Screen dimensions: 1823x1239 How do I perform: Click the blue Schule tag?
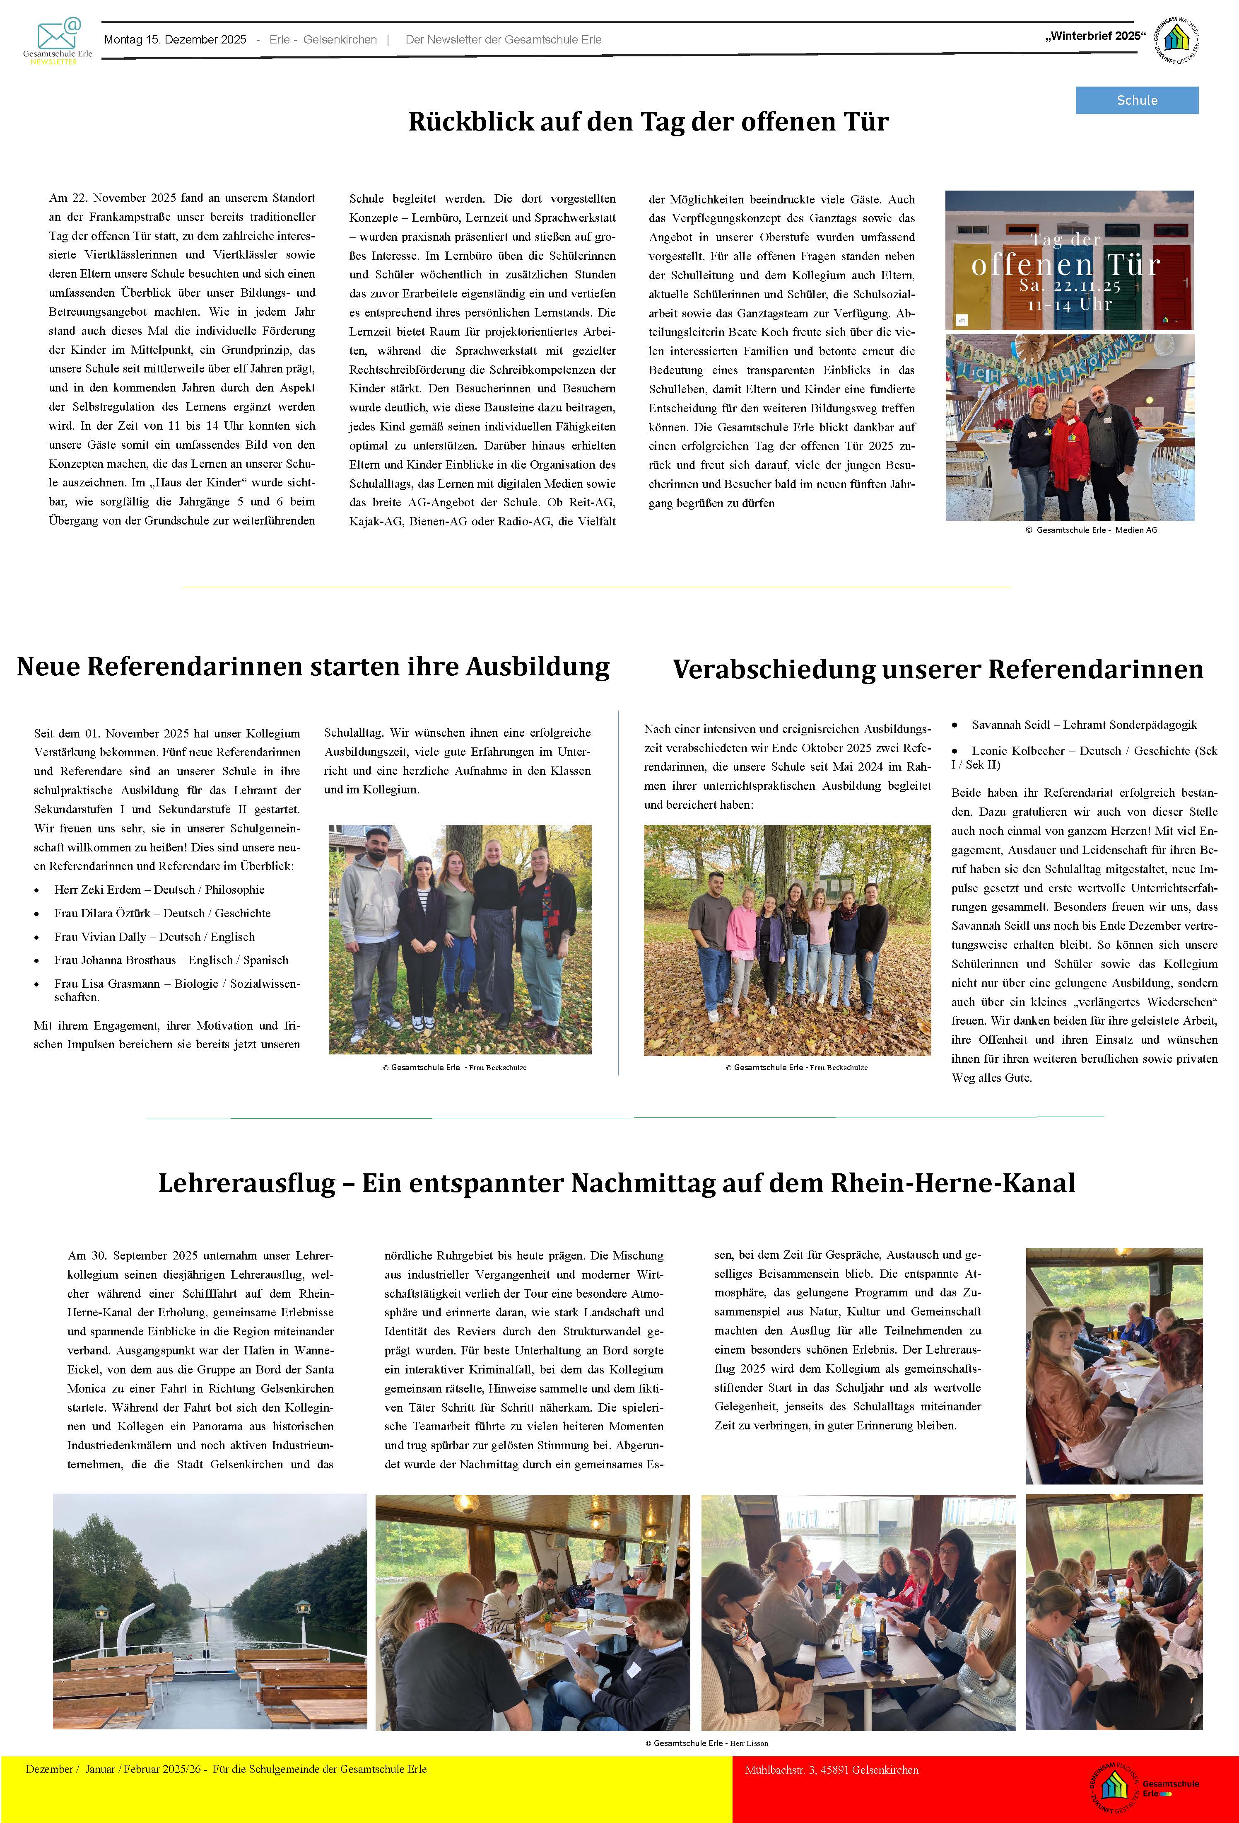point(1136,100)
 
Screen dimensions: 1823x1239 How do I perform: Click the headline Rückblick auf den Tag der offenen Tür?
point(648,122)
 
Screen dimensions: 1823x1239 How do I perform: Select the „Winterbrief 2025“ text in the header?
point(1095,36)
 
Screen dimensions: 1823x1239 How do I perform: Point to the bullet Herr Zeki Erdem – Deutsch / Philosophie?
point(159,890)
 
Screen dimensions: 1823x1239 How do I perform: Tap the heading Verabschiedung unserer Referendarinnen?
point(937,669)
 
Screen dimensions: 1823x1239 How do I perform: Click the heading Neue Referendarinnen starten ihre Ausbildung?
point(313,666)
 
